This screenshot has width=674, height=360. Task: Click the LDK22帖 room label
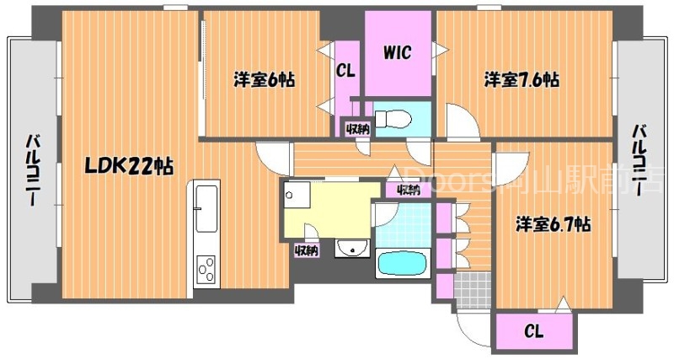(127, 166)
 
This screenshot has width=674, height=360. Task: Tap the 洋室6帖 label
(264, 81)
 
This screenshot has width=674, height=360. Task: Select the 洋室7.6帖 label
(522, 80)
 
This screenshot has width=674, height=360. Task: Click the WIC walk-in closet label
(398, 53)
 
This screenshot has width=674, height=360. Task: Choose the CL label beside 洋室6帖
(345, 71)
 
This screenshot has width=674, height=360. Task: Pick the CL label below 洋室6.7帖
(534, 332)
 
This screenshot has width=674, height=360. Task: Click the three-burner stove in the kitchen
(206, 269)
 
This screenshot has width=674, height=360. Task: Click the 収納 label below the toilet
(356, 129)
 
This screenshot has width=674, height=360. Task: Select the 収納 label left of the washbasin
(306, 250)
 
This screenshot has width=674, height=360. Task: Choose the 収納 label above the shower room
(408, 190)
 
